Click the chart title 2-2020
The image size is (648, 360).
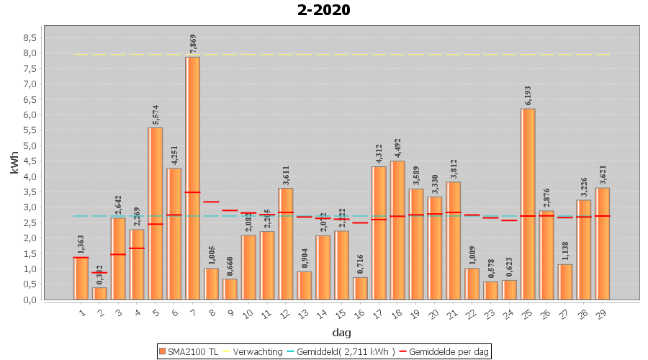323,10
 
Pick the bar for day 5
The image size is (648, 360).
156,213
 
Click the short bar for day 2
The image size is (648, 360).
100,293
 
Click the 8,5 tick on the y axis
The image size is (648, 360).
30,37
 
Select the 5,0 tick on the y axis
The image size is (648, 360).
30,145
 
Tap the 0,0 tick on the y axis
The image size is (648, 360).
30,300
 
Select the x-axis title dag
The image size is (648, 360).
341,333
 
